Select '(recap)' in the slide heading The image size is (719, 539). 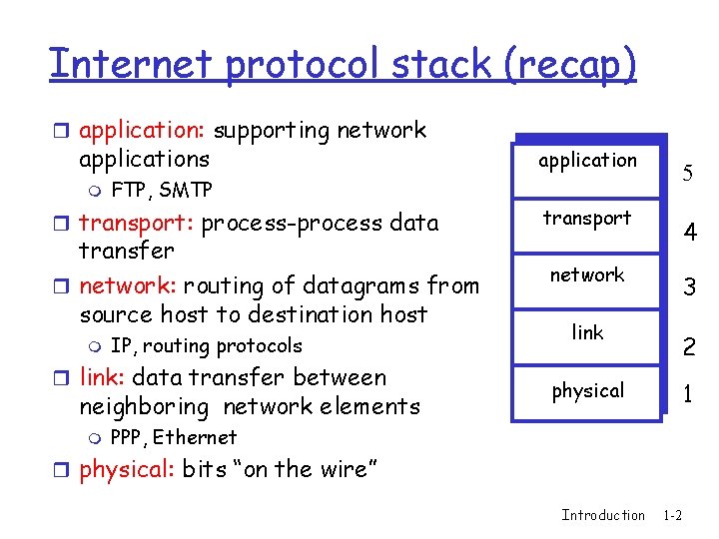pos(569,63)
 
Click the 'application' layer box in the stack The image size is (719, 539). pos(587,160)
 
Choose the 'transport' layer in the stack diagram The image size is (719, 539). pos(587,218)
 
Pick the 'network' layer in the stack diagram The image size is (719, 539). pos(587,274)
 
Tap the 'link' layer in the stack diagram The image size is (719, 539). pos(587,332)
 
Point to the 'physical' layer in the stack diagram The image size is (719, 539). pos(587,390)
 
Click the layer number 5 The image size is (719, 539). pos(688,175)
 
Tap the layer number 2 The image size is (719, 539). pos(688,347)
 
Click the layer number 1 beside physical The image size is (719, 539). pos(688,394)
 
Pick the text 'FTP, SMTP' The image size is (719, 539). pos(161,190)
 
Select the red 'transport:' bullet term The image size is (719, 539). pos(137,223)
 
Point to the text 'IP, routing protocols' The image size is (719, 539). pos(206,346)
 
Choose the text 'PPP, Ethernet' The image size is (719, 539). pos(173,437)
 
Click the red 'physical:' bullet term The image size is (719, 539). pos(127,469)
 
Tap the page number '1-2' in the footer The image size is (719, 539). pos(672,515)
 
